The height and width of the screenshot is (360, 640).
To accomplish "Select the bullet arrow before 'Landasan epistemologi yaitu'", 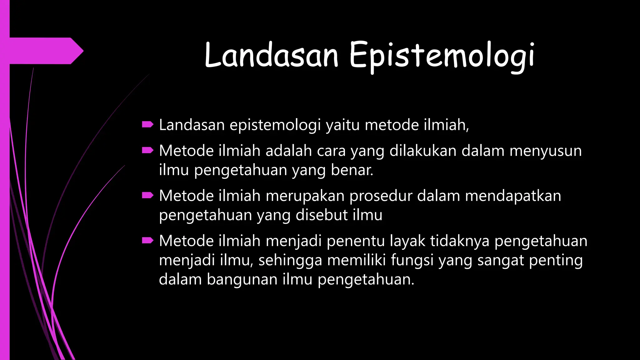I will click(x=147, y=125).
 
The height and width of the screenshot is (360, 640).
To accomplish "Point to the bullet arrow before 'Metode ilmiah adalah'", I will click(x=147, y=151).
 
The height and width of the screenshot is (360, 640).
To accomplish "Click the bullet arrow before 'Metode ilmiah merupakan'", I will click(x=147, y=196).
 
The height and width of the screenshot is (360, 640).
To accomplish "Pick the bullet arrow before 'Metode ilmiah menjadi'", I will click(x=147, y=241).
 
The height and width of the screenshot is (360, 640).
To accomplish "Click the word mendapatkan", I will click(x=513, y=196).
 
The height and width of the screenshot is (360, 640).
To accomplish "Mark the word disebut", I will click(x=322, y=215).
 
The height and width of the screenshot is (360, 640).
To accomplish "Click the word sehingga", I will click(x=290, y=260).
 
